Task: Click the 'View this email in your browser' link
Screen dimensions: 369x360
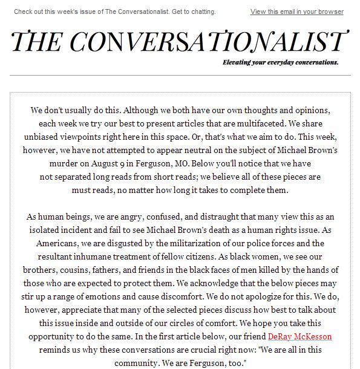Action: pos(296,11)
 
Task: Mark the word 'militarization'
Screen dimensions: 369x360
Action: pos(195,244)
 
